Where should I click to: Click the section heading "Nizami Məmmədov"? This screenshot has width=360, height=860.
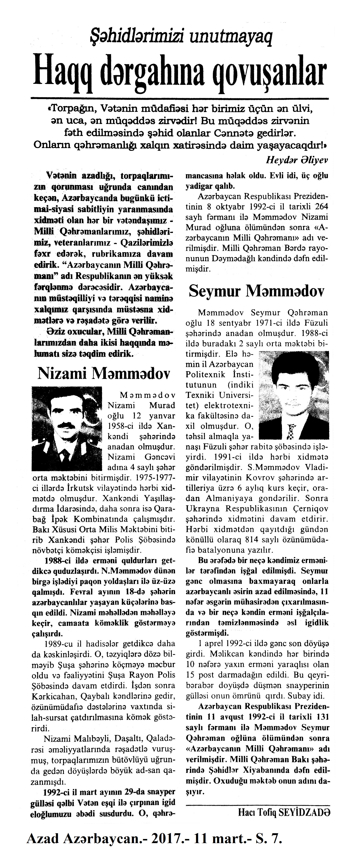tap(103, 374)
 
